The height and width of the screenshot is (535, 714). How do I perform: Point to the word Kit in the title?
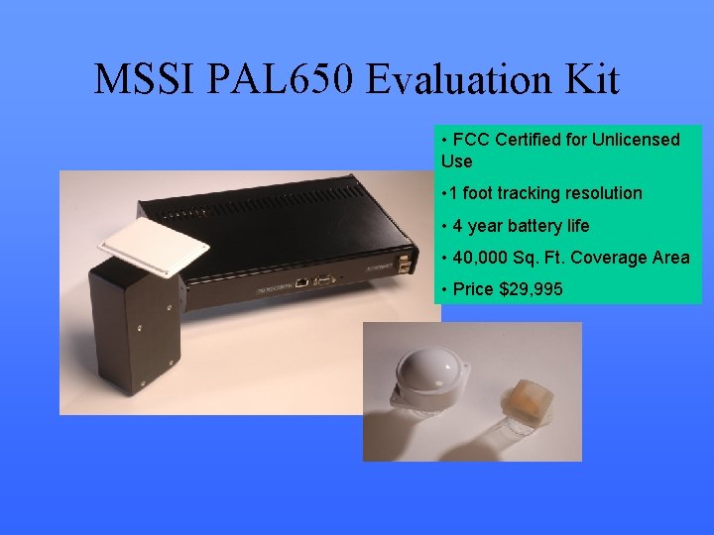tap(592, 79)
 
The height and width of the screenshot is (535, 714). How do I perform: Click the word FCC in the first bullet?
tap(472, 140)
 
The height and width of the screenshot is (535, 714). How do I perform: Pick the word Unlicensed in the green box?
tap(636, 140)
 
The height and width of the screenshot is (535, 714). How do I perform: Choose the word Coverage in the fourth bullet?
tap(617, 258)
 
